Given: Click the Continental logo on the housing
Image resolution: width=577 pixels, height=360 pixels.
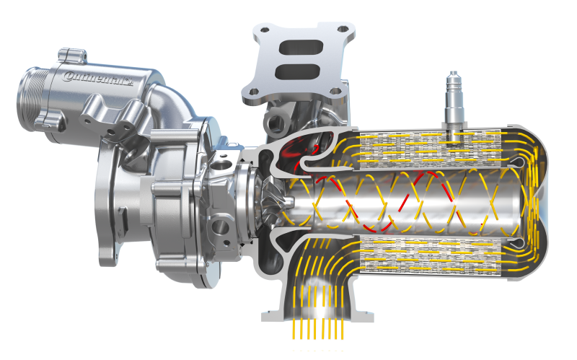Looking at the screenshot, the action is (97, 78).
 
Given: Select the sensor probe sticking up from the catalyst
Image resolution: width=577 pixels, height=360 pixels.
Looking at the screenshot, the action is (455, 100).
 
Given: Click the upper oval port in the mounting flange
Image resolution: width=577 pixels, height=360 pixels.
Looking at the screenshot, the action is (301, 48).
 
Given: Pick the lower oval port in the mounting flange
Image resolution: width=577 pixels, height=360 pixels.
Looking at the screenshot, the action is (297, 71).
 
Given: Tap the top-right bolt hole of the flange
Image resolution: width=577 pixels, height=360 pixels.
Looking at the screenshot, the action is (343, 28).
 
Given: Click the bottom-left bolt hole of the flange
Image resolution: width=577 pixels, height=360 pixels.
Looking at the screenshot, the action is (253, 92).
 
